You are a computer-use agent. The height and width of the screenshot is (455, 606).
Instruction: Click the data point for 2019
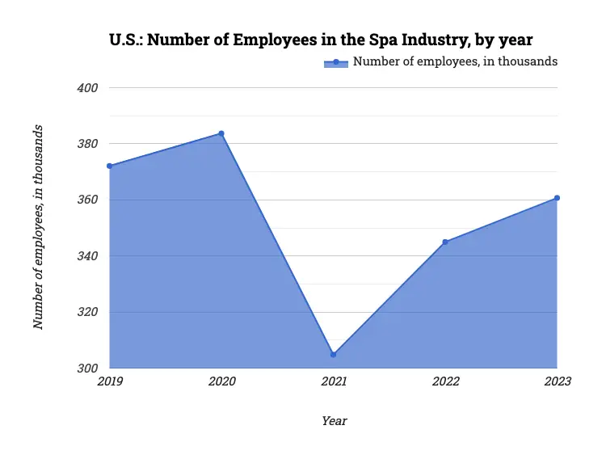point(109,166)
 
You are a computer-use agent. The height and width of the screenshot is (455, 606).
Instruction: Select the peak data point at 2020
point(221,133)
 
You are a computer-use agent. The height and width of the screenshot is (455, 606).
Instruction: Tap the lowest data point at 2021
point(333,354)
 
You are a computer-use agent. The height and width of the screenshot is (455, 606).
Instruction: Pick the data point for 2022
point(445,242)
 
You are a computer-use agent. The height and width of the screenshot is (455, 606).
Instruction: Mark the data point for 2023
point(557,198)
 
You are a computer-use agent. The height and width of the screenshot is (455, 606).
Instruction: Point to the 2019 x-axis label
point(110,381)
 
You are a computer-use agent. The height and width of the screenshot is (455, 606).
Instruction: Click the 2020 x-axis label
point(221,381)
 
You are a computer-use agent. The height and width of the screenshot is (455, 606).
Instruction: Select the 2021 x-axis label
point(333,381)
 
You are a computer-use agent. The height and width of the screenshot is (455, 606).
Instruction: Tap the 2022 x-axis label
point(445,381)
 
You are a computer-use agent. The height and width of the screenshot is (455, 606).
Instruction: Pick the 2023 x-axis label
point(557,381)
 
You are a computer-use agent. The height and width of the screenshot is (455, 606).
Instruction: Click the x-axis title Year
point(334,421)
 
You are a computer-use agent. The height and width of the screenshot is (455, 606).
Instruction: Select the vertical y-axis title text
point(38,227)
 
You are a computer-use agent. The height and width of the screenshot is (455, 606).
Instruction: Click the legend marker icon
point(335,62)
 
